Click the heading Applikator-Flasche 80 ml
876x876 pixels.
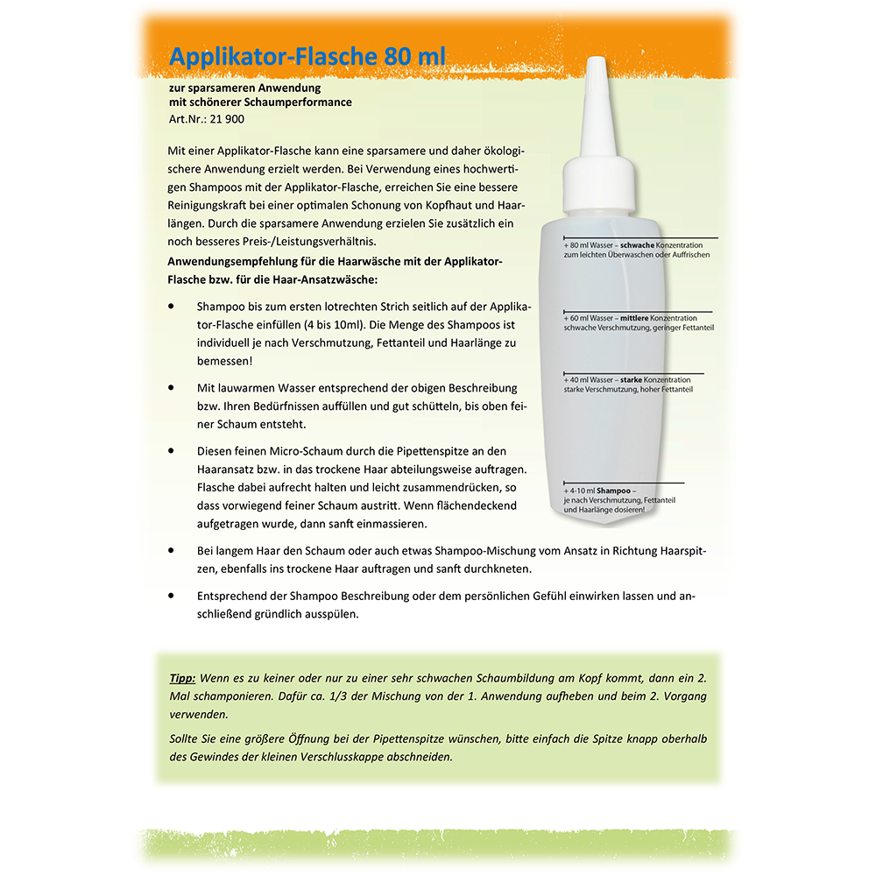(x=307, y=57)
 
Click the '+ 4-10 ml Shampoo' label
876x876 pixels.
(x=597, y=490)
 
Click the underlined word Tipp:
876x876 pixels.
(x=182, y=678)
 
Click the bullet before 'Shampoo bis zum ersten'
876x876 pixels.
(x=171, y=307)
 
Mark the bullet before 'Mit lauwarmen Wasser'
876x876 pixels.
(x=171, y=387)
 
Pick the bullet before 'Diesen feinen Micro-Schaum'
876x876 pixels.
(x=171, y=450)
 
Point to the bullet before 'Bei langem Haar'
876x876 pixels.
(x=171, y=550)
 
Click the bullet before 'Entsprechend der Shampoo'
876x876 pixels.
(x=171, y=596)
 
